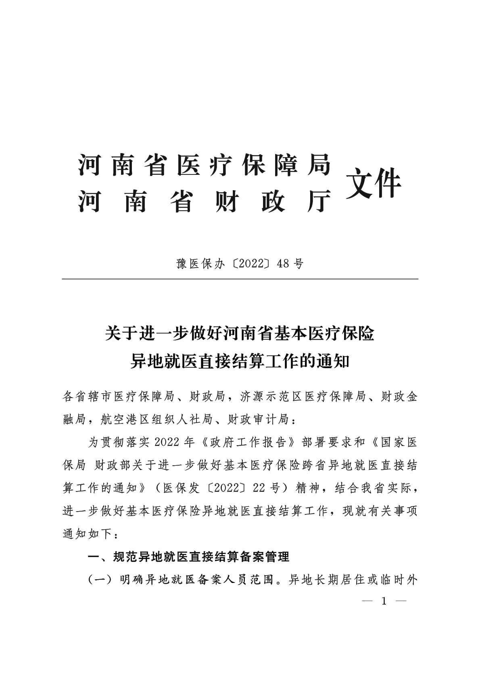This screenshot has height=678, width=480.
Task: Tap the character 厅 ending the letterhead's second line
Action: click(x=319, y=200)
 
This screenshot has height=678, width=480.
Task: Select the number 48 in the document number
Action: click(x=284, y=264)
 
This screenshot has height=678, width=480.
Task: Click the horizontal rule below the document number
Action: click(x=240, y=279)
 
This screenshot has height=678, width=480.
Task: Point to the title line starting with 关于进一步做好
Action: click(x=240, y=334)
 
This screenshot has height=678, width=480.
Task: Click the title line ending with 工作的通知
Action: click(x=240, y=361)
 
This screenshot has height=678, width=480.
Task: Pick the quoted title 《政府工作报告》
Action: click(x=248, y=442)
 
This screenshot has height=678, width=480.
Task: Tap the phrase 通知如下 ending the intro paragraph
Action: click(x=87, y=534)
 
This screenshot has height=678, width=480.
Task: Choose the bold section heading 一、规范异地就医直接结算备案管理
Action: click(x=189, y=557)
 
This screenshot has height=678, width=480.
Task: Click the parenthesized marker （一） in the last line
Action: click(x=100, y=580)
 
